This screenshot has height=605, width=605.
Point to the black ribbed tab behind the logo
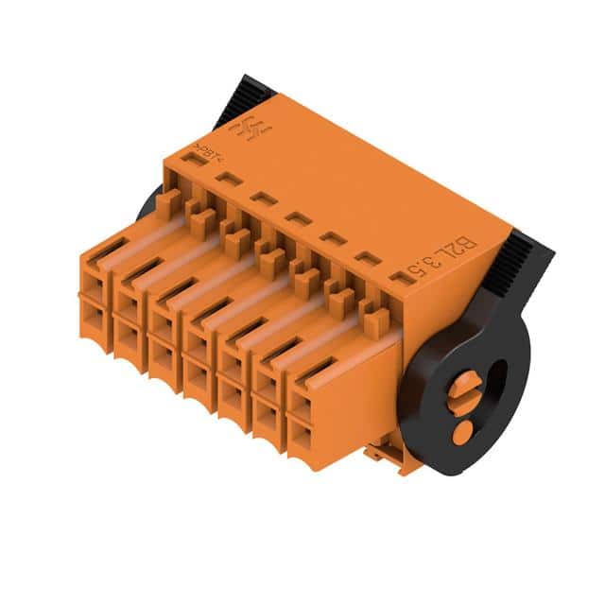click(244, 98)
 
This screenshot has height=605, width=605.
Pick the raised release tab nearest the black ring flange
click(370, 302)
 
